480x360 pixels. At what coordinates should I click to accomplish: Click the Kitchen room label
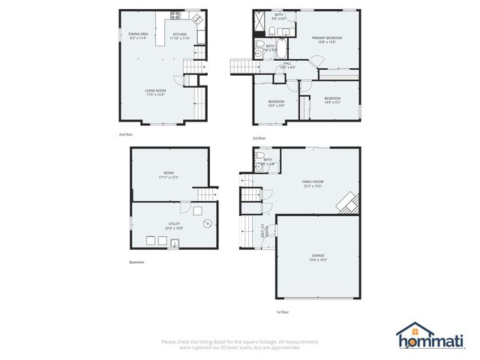(x=180, y=35)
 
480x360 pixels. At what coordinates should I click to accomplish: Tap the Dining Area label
(x=137, y=35)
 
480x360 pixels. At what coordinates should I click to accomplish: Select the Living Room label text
(x=155, y=92)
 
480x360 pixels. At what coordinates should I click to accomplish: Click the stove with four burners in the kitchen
(x=175, y=15)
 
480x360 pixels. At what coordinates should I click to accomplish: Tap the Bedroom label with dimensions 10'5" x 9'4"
(x=277, y=103)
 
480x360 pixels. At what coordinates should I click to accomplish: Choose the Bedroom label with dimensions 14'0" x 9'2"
(x=332, y=100)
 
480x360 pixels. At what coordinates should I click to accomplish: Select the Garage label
(x=318, y=257)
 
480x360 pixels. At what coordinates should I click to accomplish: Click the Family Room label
(x=312, y=184)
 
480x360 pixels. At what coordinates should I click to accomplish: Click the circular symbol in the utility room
(x=206, y=224)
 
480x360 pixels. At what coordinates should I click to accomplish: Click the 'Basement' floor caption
(x=136, y=262)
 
